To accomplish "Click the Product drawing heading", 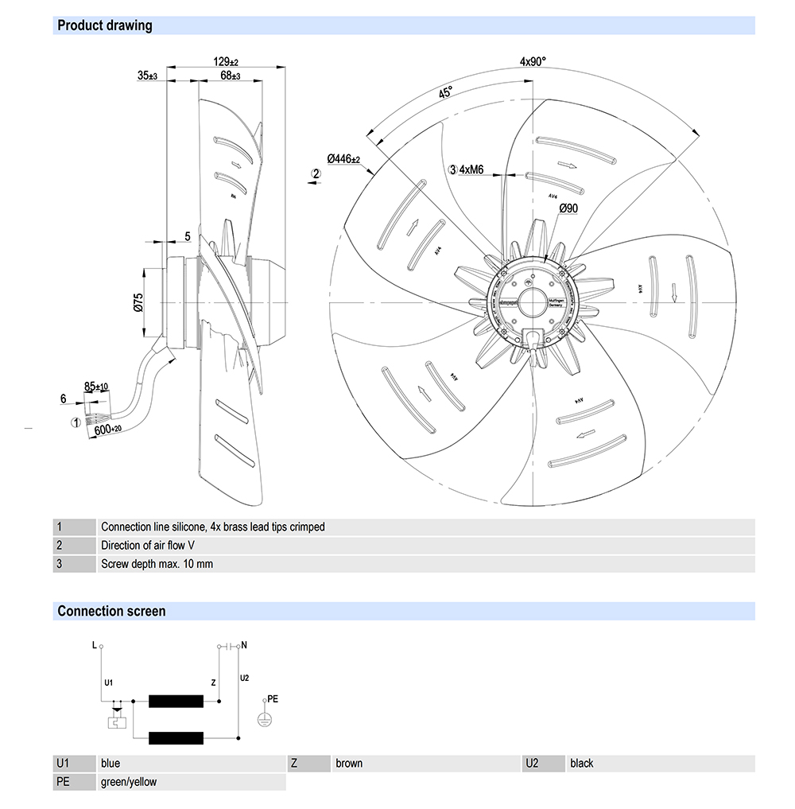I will point(104,25).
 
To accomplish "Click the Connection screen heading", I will point(111,611).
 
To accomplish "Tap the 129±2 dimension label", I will point(227,62).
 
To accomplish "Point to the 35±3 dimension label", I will point(148,76).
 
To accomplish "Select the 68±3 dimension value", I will point(231,76).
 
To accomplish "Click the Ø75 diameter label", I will point(138,302).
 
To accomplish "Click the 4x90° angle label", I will point(533,61).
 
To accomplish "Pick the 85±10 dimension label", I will point(96,387).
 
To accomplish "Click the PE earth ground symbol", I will point(266,717).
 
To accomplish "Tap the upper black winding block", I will point(176,701).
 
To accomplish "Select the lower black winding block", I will point(176,736).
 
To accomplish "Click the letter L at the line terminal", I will point(95,645).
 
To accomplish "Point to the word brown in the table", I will point(349,763).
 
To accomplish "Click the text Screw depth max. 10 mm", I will point(157,564).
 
